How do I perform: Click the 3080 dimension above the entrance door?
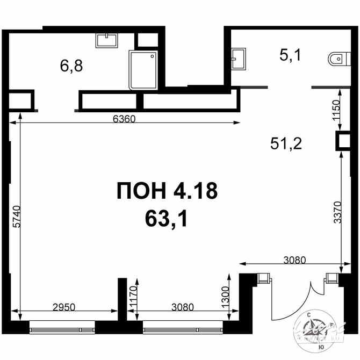pyautogui.click(x=294, y=260)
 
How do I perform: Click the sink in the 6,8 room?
pyautogui.click(x=107, y=40)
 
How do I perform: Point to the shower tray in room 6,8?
pyautogui.click(x=143, y=70)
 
